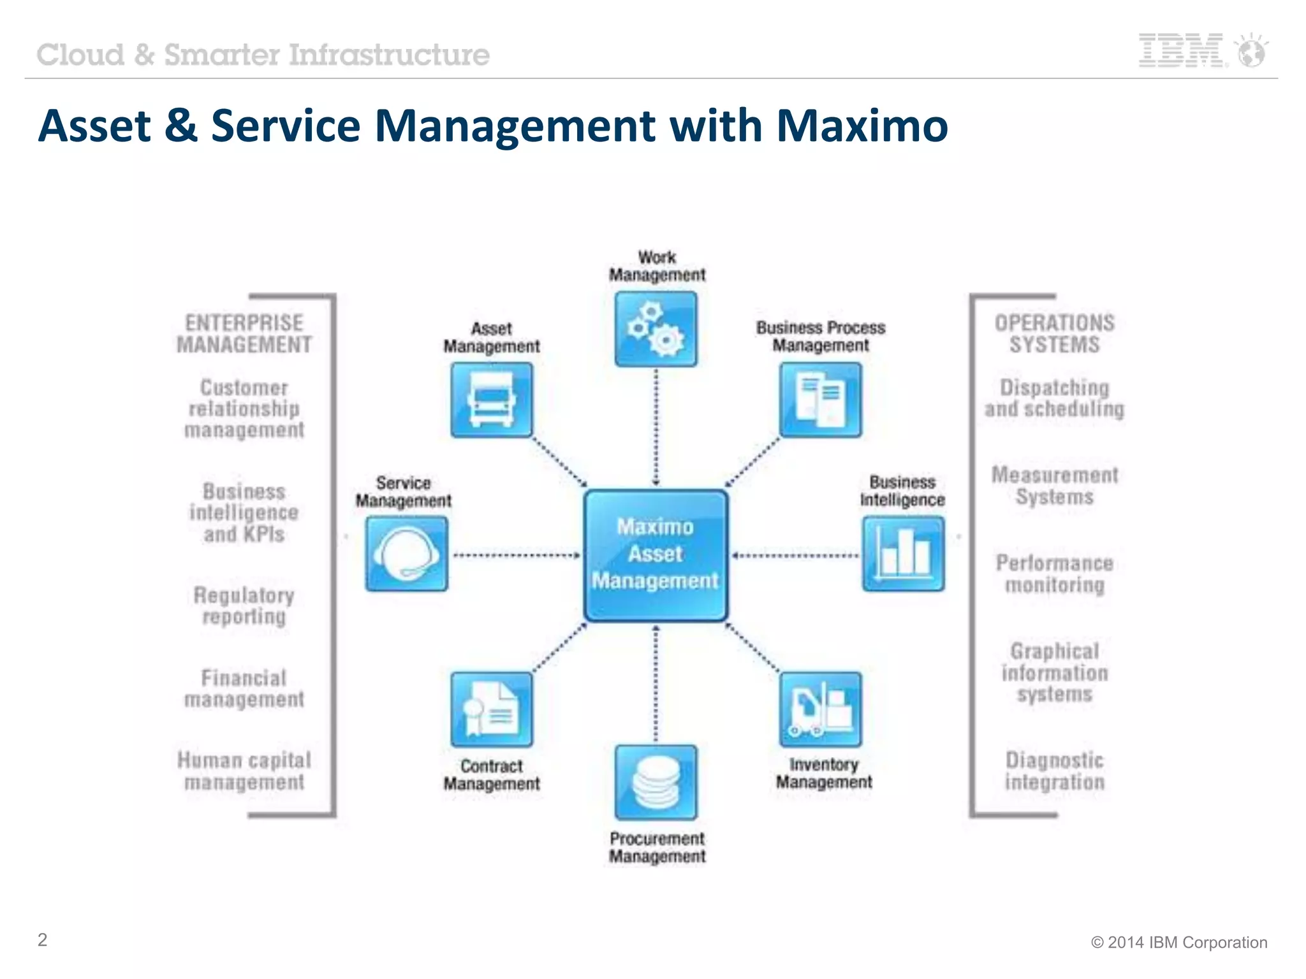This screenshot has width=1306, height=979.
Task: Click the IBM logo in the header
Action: pyautogui.click(x=1182, y=50)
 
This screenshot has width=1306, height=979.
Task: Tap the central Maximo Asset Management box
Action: pyautogui.click(x=656, y=555)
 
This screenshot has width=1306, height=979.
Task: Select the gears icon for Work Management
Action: pyautogui.click(x=656, y=329)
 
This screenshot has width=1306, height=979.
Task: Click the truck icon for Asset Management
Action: pyautogui.click(x=491, y=400)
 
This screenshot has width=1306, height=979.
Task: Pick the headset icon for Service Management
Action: pyautogui.click(x=406, y=553)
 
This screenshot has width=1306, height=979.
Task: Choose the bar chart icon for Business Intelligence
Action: pyautogui.click(x=903, y=553)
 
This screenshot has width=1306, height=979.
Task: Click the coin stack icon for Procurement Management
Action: pyautogui.click(x=656, y=782)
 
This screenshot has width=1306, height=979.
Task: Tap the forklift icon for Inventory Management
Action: pyautogui.click(x=820, y=709)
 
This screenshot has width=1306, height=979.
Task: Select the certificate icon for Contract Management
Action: pyautogui.click(x=491, y=709)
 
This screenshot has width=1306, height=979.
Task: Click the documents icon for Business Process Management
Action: pyautogui.click(x=820, y=400)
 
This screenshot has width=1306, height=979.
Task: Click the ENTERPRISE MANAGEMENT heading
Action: pyautogui.click(x=244, y=333)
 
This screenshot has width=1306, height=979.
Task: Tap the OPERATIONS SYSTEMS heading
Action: pyautogui.click(x=1054, y=333)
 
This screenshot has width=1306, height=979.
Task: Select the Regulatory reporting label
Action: pyautogui.click(x=244, y=606)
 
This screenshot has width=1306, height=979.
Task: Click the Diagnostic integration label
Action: pyautogui.click(x=1054, y=771)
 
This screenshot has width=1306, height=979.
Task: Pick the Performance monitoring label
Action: pyautogui.click(x=1054, y=574)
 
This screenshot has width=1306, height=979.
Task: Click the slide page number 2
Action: pyautogui.click(x=42, y=939)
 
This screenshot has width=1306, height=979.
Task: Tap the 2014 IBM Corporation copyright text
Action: pyautogui.click(x=1179, y=942)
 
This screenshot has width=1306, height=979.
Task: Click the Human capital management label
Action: pyautogui.click(x=244, y=771)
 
